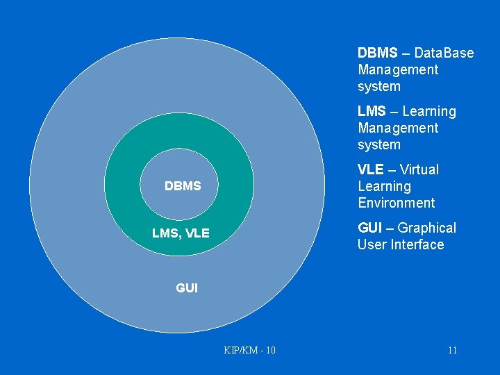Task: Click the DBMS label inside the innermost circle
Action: [183, 186]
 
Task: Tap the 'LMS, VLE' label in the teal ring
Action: [181, 233]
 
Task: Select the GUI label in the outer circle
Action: [187, 287]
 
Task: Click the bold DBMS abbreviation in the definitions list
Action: [378, 53]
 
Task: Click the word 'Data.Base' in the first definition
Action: [444, 53]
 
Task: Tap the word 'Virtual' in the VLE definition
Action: [419, 169]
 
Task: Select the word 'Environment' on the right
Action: [397, 203]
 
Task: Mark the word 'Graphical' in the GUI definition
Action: [427, 228]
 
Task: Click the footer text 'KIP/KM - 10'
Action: [250, 350]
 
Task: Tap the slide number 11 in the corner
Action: [452, 350]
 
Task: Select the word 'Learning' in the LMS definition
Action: [429, 111]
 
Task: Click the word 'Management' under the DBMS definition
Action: [398, 69]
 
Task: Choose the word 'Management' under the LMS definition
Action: [398, 128]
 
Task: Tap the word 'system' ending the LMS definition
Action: [379, 144]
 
